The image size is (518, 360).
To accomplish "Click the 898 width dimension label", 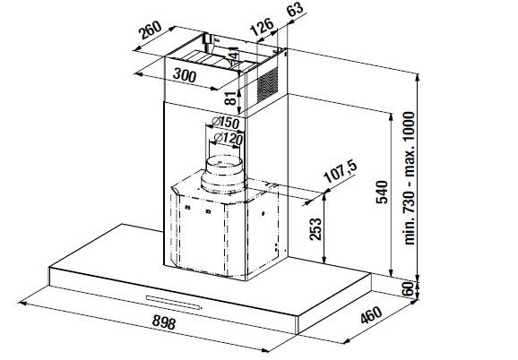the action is (164, 322).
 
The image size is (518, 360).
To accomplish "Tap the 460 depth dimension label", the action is (371, 315).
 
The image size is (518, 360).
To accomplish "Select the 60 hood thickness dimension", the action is (409, 288).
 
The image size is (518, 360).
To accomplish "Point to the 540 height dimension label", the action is (382, 192).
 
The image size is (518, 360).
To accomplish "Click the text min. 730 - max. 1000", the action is (409, 178).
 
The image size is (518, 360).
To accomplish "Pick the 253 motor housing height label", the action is (315, 228).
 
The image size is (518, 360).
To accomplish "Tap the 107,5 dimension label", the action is (341, 172).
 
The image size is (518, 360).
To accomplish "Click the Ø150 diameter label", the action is (225, 123).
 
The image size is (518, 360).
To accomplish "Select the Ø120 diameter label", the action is (229, 138).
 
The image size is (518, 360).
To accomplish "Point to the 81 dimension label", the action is (231, 98).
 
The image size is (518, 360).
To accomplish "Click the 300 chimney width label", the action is (185, 75).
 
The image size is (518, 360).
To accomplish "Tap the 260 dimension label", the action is (150, 30).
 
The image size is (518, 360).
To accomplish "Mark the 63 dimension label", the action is (295, 9).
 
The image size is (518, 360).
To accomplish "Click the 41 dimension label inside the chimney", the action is (234, 53).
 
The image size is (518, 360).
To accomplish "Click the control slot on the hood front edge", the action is (174, 303).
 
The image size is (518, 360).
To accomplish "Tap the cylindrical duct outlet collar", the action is (224, 175).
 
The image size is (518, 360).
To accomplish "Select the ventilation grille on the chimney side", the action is (267, 84).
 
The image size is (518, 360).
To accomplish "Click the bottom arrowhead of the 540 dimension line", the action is (391, 273).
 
